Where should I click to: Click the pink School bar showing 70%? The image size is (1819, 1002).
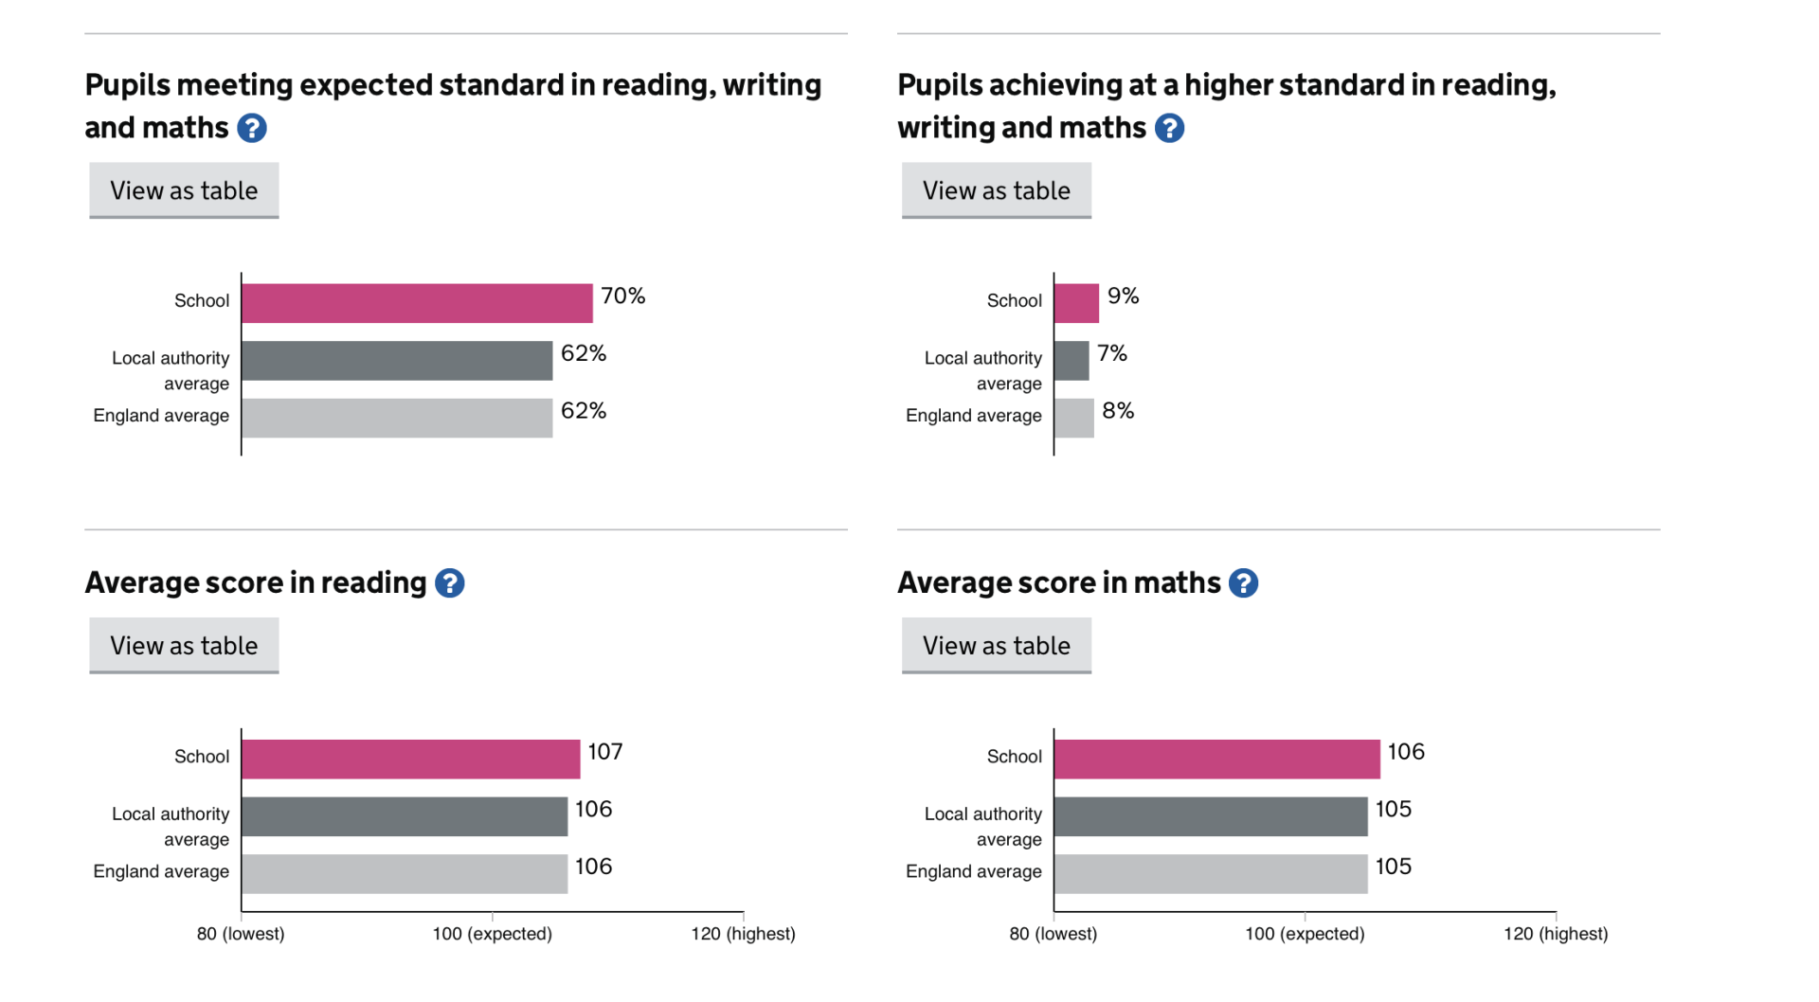pos(417,303)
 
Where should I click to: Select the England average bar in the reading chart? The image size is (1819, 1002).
pos(405,873)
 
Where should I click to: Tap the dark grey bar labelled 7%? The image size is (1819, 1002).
pos(1072,361)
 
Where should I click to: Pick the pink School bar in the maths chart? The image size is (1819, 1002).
pos(1216,759)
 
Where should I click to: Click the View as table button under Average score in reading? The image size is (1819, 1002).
pos(184,645)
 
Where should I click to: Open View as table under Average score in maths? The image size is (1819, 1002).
pos(996,645)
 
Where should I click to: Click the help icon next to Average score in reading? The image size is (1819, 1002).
pos(449,583)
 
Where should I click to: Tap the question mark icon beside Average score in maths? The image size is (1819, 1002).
pos(1243,583)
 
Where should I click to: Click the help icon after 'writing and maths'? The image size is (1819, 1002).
pos(1169,128)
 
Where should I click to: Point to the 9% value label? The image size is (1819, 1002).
pos(1123,296)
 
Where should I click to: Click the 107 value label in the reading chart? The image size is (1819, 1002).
pos(604,752)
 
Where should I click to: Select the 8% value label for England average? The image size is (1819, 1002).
pos(1118,411)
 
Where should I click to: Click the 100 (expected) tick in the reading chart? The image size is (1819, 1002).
pos(492,934)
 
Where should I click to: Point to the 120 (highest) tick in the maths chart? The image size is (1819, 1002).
pos(1556,934)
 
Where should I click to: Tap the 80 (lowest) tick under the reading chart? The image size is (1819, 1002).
pos(241,934)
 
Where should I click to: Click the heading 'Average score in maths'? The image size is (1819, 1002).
pos(1058,582)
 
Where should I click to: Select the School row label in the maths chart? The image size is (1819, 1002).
pos(1014,757)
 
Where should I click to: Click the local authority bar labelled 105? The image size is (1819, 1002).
pos(1210,816)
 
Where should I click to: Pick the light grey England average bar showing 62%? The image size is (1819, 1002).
pos(397,418)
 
